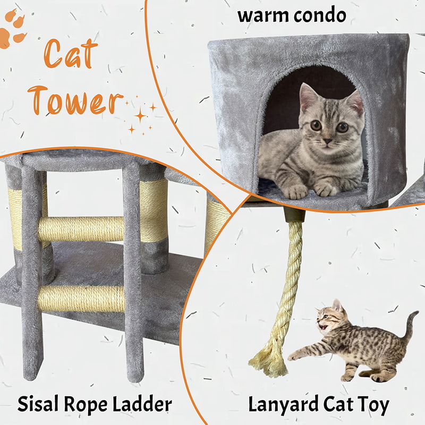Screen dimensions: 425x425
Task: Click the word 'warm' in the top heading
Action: tap(262, 16)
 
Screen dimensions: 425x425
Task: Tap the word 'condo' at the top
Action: tap(320, 15)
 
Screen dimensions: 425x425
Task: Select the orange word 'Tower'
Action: tap(75, 100)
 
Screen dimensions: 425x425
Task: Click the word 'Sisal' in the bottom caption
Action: tap(38, 404)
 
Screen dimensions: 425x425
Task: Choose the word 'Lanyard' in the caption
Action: tap(284, 405)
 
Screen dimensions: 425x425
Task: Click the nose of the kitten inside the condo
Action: tap(327, 141)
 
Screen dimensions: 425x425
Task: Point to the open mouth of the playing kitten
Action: tap(323, 326)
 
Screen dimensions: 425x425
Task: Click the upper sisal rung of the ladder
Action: tap(81, 229)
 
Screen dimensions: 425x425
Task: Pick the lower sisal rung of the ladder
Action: tap(81, 299)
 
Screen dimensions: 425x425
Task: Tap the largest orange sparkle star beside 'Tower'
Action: tap(140, 115)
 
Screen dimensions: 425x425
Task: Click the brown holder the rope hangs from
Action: tap(294, 215)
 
